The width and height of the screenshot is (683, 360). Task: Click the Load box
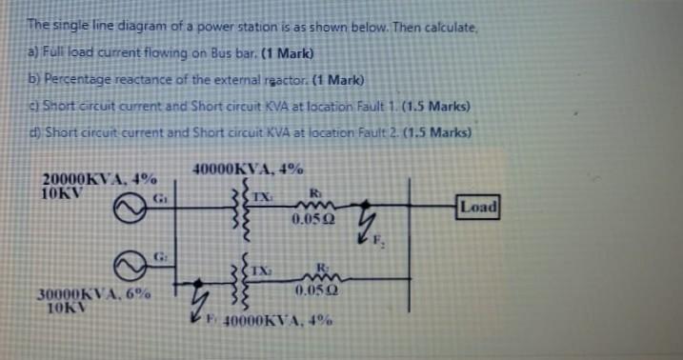(477, 207)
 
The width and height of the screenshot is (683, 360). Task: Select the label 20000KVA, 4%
(100, 179)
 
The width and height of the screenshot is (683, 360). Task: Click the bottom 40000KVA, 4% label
(276, 321)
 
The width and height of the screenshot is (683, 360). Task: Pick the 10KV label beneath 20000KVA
(63, 192)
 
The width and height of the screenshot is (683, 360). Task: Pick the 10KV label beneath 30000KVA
(68, 310)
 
